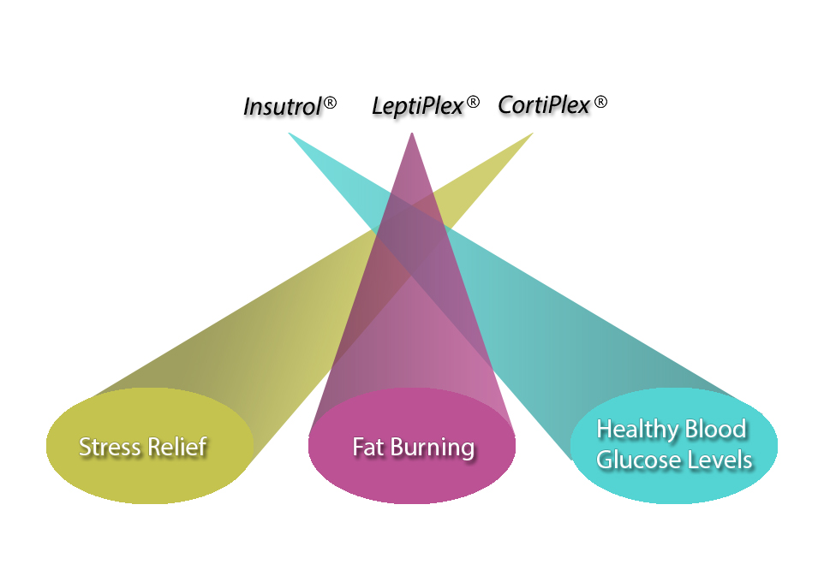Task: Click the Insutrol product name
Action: click(282, 107)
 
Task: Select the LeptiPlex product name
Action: click(416, 107)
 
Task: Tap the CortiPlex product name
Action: click(544, 106)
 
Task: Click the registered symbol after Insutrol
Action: click(330, 103)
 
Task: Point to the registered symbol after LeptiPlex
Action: click(472, 103)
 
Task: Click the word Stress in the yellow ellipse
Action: click(109, 447)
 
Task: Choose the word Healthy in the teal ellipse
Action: click(636, 430)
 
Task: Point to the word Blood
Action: click(713, 429)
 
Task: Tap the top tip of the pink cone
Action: click(412, 134)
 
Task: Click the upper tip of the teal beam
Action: click(290, 134)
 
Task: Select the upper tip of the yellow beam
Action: click(531, 134)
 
